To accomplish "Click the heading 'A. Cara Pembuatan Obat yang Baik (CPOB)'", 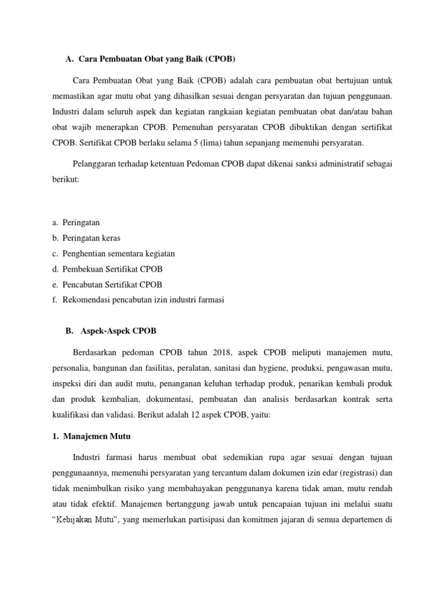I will point(151,59).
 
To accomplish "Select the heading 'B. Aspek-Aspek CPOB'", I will point(111,331).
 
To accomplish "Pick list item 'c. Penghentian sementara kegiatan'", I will point(113,254).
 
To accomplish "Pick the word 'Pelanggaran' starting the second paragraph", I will point(97,164).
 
